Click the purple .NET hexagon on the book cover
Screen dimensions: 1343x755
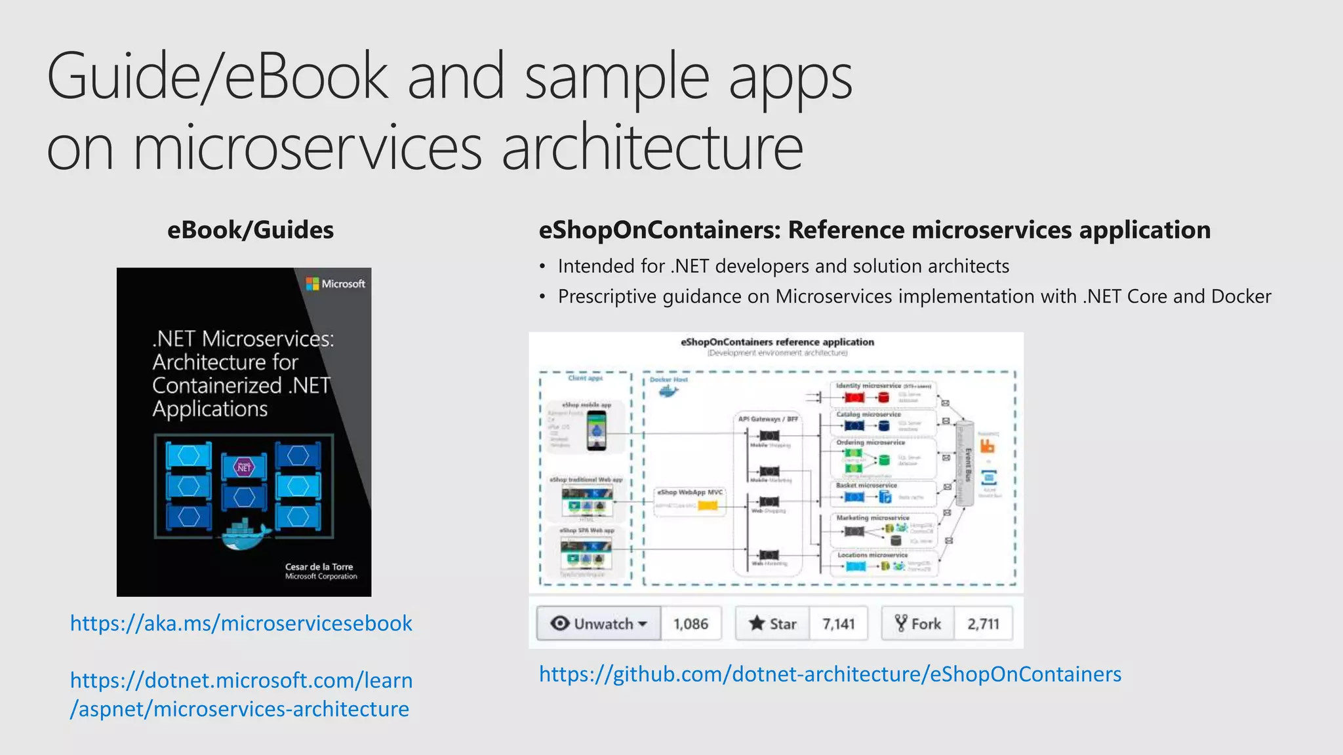tap(244, 467)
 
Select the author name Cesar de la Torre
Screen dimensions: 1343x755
tap(319, 566)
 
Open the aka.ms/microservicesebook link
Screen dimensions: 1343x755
tap(241, 623)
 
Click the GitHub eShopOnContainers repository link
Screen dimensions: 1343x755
tap(830, 674)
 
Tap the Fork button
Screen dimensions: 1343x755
tap(918, 623)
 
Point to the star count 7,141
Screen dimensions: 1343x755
tap(838, 623)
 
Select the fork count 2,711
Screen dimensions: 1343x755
tap(983, 623)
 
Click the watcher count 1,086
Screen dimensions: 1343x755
tap(691, 623)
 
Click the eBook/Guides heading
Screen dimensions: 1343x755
tap(251, 230)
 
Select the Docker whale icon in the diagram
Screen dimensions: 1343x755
tap(668, 392)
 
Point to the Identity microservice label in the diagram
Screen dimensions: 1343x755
tap(868, 386)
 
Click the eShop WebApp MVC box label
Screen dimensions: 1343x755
tap(689, 492)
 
